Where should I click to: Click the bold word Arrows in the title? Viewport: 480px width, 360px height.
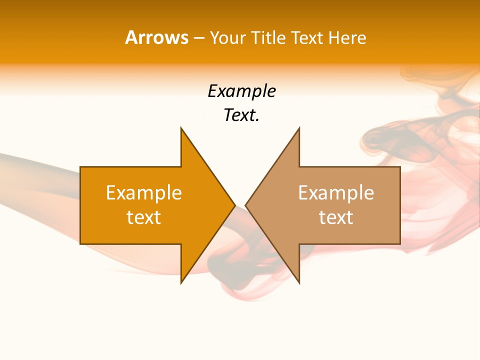tap(156, 37)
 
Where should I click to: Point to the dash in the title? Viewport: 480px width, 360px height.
tap(198, 38)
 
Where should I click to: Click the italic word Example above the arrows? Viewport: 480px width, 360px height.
tap(241, 91)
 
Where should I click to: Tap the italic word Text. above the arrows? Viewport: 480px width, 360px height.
tap(241, 115)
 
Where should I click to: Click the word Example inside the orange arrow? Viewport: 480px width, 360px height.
tap(144, 193)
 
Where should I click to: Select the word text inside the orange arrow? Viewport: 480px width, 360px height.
tap(144, 217)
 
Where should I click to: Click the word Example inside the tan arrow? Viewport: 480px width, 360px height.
tap(336, 193)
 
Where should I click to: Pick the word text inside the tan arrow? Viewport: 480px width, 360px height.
tap(336, 217)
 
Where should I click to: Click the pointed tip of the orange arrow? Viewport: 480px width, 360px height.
tap(235, 205)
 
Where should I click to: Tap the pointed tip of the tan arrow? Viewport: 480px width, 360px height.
tap(245, 205)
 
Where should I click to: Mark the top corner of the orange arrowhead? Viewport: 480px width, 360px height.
tap(181, 127)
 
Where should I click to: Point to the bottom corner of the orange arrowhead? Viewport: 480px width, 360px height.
tap(181, 283)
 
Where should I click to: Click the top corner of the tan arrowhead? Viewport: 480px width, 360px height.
tap(299, 127)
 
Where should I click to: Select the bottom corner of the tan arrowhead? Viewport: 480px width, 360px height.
tap(299, 283)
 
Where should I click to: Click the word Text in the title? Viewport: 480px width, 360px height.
tap(306, 37)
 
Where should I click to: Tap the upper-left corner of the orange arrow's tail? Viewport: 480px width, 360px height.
tap(80, 167)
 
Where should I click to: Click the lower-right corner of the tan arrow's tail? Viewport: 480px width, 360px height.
tap(400, 243)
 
